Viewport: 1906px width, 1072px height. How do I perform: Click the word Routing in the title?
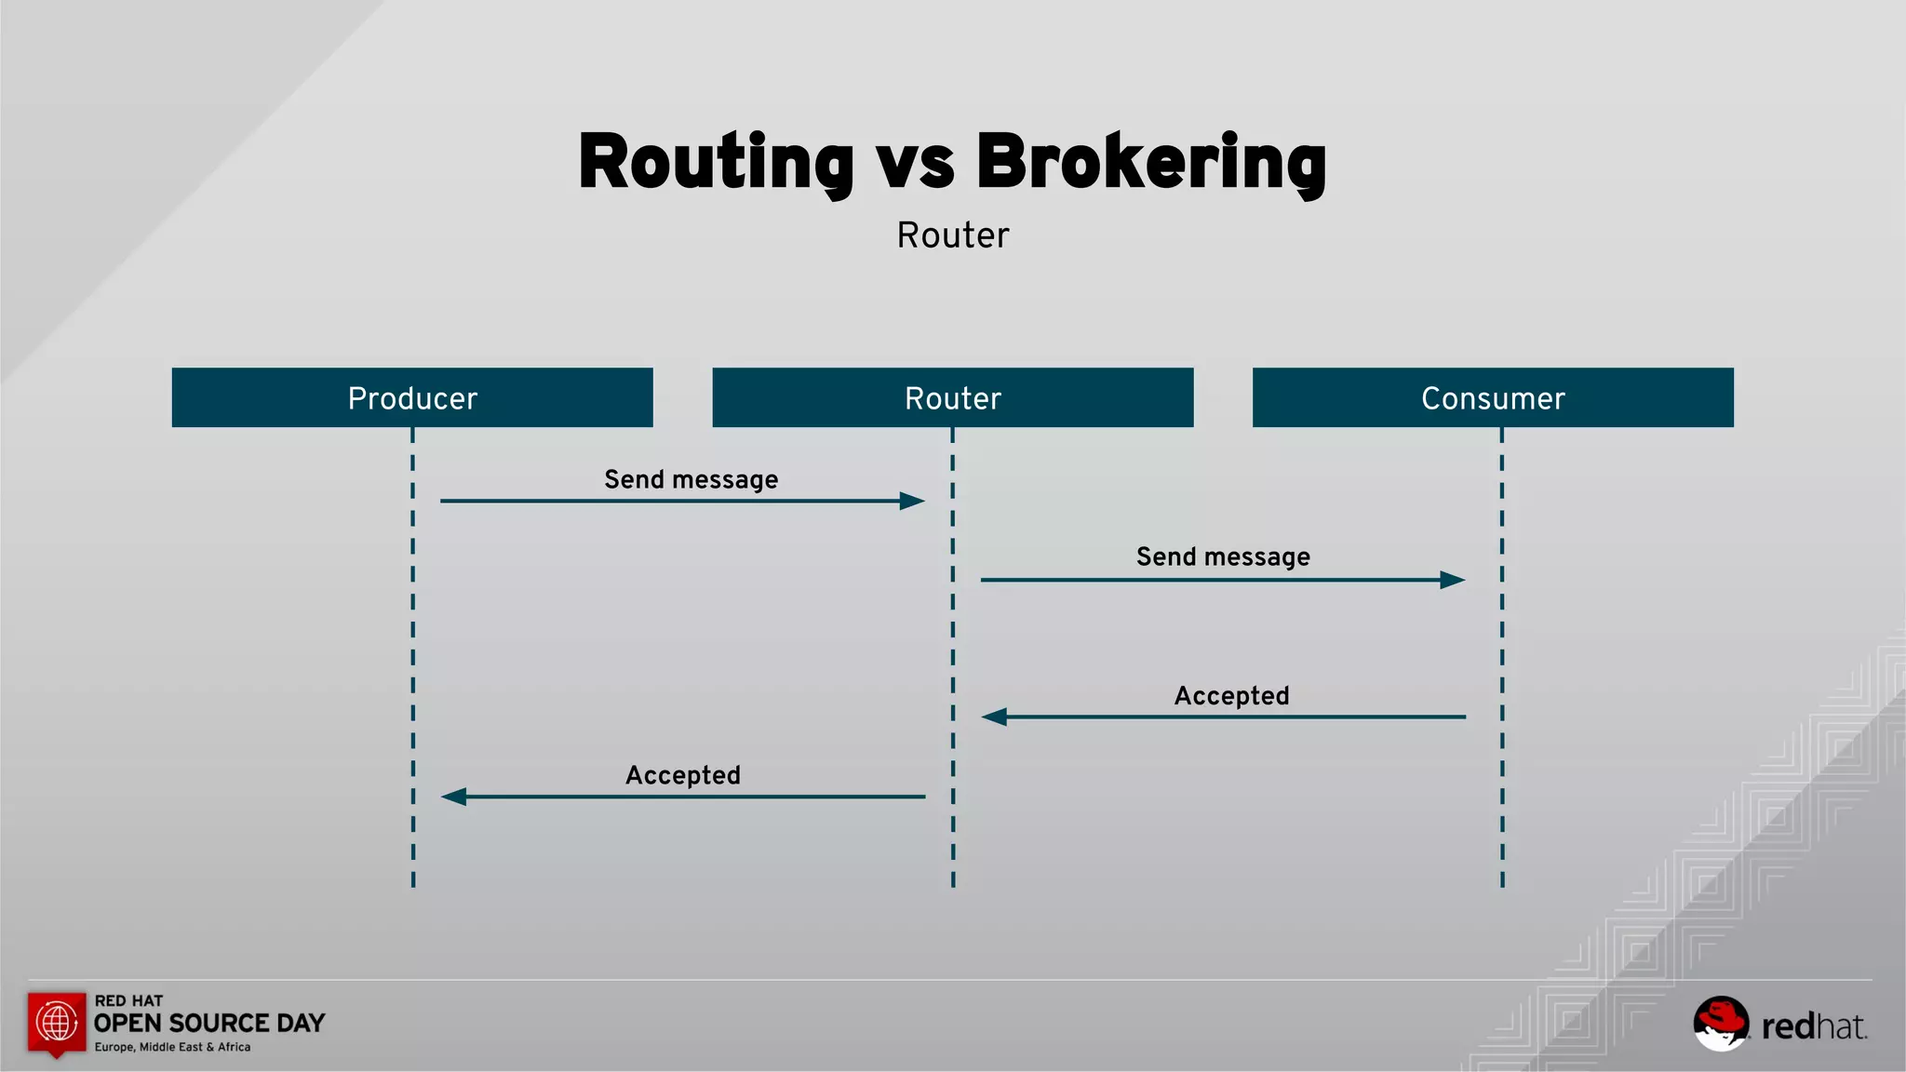point(715,163)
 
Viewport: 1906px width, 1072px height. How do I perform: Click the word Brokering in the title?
point(1150,163)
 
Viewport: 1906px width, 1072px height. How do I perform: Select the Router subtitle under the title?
point(952,235)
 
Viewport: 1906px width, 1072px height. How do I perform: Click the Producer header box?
point(412,397)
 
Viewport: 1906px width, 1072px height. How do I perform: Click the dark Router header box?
point(952,397)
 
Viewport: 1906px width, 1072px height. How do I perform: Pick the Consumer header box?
point(1493,397)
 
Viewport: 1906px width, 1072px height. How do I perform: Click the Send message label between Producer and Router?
point(691,479)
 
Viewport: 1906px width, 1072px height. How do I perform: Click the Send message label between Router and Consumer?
point(1223,556)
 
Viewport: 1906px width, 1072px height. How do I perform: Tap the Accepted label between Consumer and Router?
point(1231,696)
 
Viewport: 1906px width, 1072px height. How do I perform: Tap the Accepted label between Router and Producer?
point(682,775)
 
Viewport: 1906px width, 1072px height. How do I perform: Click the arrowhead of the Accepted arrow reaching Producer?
point(454,797)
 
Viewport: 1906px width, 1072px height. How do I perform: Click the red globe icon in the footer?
point(57,1023)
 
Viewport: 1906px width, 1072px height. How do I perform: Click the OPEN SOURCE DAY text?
point(209,1024)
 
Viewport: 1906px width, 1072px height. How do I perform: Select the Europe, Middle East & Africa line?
point(172,1047)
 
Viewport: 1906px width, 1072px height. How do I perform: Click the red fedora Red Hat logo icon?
point(1721,1023)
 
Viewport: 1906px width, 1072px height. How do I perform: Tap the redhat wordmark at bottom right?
point(1814,1026)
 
